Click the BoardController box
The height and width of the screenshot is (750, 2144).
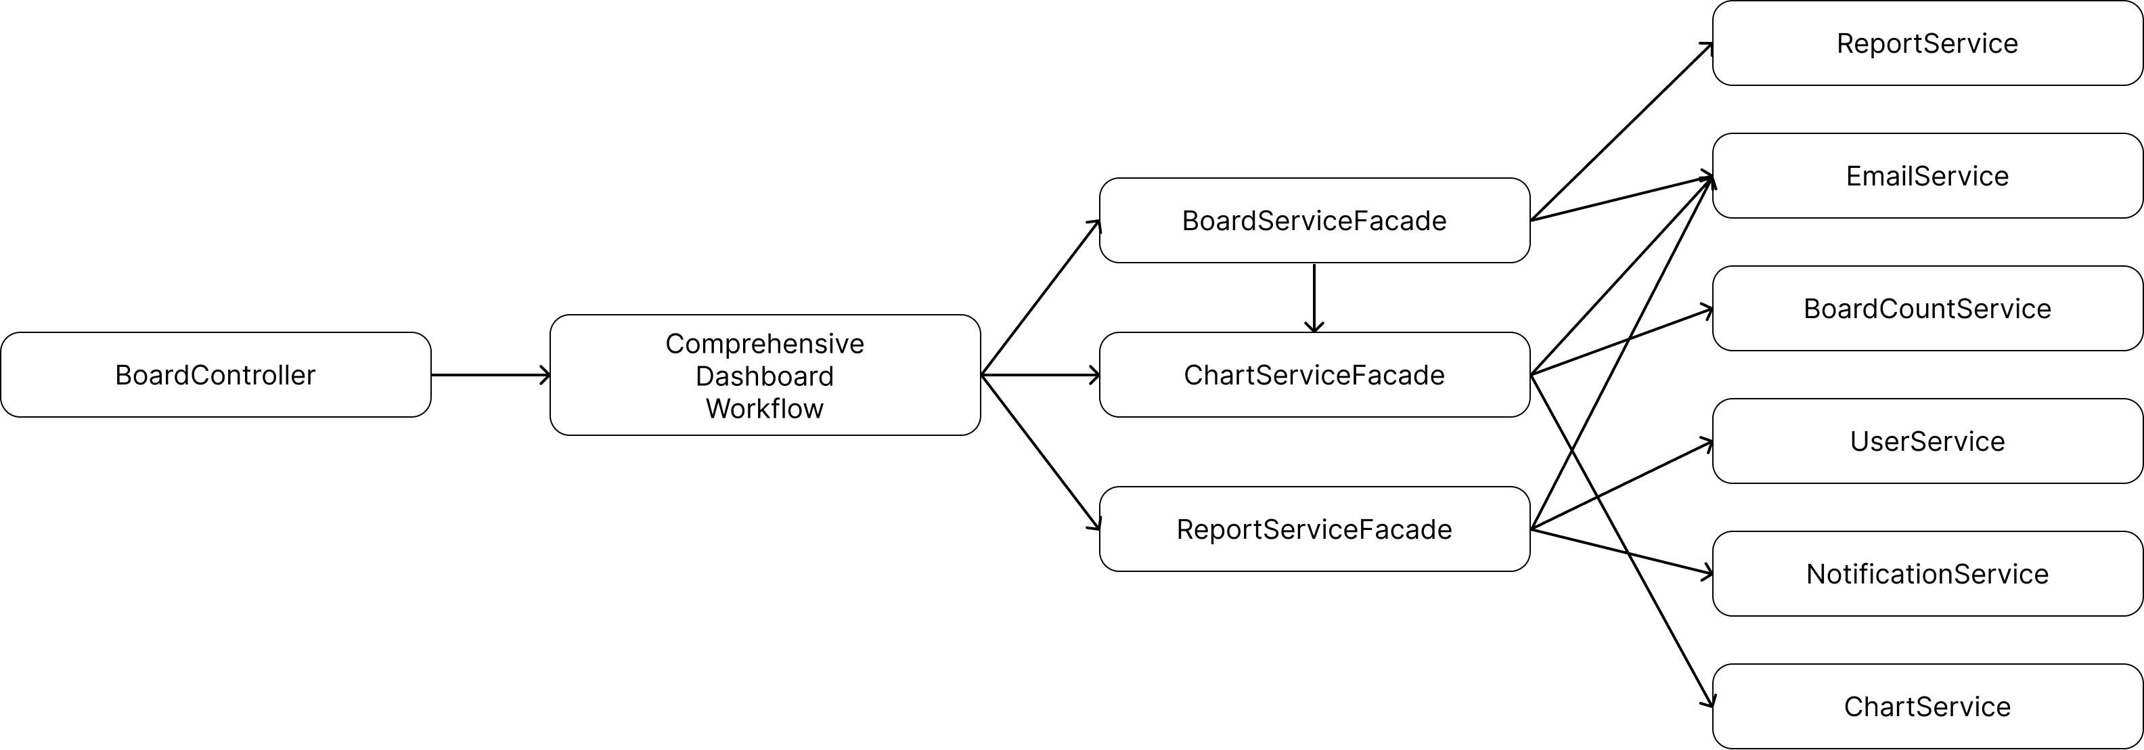[216, 374]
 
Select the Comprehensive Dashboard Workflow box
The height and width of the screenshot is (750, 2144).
[765, 374]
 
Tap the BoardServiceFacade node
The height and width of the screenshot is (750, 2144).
[1314, 221]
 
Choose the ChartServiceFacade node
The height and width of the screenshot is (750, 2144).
[1314, 374]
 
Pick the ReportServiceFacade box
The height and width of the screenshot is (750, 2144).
[1314, 529]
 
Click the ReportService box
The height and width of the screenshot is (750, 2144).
[1927, 43]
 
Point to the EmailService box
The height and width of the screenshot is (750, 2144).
[1927, 175]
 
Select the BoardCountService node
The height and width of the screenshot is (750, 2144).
[1927, 308]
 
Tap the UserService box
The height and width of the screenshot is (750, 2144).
[1927, 441]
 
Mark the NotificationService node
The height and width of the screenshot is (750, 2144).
[1927, 573]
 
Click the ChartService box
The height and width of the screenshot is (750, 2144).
[1927, 706]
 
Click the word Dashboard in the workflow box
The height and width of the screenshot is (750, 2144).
[765, 376]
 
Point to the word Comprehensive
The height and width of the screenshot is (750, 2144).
[765, 344]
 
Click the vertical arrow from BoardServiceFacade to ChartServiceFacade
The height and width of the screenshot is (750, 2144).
[1314, 298]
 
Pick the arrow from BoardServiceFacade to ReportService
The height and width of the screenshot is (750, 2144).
[1622, 131]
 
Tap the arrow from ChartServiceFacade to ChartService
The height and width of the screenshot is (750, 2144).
[1622, 541]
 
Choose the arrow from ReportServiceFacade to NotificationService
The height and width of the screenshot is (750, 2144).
[1622, 551]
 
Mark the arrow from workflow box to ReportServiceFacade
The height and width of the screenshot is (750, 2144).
[1040, 452]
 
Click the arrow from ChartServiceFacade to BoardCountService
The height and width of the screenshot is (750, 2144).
[1622, 341]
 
